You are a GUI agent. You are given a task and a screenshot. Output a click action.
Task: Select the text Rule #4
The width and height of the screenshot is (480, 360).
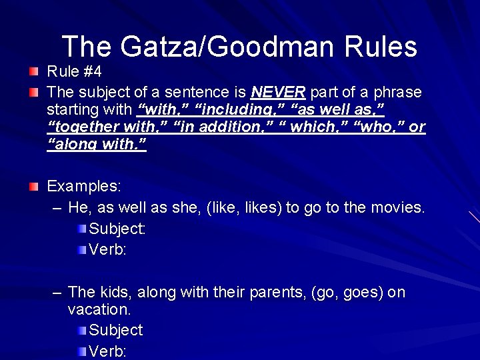73,71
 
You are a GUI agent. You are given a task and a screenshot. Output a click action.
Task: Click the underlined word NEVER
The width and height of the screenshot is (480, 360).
278,91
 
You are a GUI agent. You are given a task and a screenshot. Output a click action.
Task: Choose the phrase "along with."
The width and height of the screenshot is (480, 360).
97,145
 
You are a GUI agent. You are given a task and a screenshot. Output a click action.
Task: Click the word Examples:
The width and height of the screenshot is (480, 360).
84,187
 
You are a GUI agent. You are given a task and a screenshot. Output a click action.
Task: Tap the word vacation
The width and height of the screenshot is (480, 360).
99,309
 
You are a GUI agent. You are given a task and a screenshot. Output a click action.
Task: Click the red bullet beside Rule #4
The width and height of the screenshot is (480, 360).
34,71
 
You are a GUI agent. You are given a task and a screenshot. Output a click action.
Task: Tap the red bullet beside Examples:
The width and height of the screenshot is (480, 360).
34,187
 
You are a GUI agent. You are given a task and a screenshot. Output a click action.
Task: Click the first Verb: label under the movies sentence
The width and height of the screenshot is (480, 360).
107,250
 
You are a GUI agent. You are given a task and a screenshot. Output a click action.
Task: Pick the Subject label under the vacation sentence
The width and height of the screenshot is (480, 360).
115,330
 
